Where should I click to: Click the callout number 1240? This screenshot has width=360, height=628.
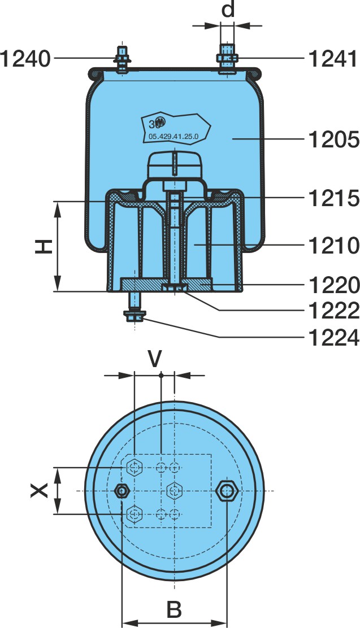click(25, 59)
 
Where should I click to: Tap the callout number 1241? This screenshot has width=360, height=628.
click(333, 59)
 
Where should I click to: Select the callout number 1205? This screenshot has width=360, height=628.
click(334, 139)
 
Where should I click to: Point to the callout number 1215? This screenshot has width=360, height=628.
click(334, 198)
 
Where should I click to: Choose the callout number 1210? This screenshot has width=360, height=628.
click(334, 245)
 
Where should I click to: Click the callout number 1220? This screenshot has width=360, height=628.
click(334, 285)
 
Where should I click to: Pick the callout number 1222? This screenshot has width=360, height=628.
click(334, 311)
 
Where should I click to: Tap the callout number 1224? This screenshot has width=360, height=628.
click(334, 338)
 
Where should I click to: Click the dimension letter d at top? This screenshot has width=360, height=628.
click(228, 10)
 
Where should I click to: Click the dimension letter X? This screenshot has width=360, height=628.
click(40, 490)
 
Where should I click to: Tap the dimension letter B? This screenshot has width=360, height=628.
click(174, 609)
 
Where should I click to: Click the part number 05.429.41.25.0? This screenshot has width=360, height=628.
click(174, 137)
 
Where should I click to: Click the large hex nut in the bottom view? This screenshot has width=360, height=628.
click(227, 491)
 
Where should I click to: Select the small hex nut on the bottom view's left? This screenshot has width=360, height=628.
click(122, 491)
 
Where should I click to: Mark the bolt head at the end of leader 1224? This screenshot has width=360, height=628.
click(135, 316)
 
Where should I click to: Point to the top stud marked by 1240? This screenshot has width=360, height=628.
click(122, 59)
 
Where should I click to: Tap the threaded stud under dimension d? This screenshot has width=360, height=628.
click(227, 58)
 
